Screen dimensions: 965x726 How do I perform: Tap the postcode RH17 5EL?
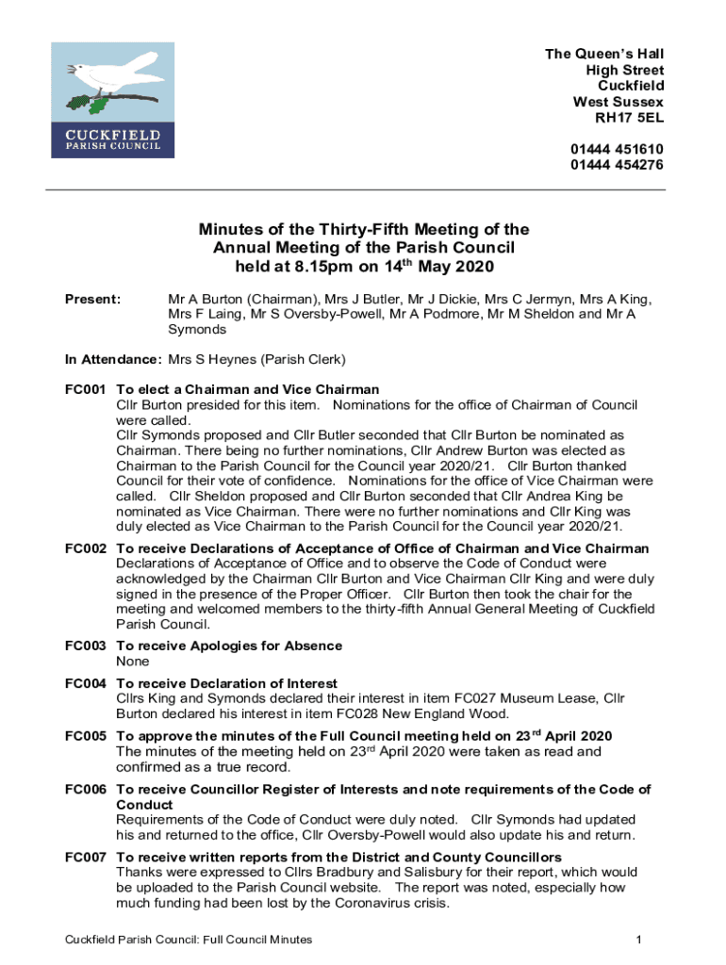pos(629,118)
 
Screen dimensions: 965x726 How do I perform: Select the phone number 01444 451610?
pos(617,149)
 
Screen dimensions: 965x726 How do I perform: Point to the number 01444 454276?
pos(617,165)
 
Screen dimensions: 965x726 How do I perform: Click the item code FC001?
pos(84,389)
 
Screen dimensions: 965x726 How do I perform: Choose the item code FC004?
pos(84,683)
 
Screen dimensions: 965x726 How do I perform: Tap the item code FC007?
pos(84,857)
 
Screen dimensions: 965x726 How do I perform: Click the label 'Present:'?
pos(92,300)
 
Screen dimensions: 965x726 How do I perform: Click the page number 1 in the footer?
pos(638,940)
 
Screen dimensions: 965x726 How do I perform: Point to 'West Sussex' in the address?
pos(619,102)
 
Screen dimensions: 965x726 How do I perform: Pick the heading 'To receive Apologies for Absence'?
pos(228,646)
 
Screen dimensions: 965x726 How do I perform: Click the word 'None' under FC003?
pos(133,662)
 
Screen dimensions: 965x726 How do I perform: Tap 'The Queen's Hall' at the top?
pos(604,54)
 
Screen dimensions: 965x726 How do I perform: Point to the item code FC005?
pos(84,736)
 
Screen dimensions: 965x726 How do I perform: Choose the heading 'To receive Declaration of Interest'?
pos(226,683)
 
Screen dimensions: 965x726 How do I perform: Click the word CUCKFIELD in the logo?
pos(112,133)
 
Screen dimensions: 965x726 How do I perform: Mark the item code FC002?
pos(84,548)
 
